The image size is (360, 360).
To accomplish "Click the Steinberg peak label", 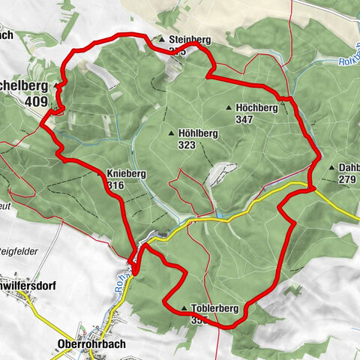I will point(190,39).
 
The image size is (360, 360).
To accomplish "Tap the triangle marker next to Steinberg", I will point(160,39).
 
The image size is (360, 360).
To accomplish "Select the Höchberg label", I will point(257,108).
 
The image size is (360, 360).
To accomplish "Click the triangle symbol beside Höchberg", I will point(229,108).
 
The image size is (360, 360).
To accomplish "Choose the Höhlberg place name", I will point(198,133).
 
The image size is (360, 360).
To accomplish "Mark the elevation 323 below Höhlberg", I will point(187,145).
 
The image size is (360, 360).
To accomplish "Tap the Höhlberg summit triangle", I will point(172,133).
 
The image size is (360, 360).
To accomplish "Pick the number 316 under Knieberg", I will point(115,185).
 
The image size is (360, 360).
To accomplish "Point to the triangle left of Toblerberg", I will point(184,308).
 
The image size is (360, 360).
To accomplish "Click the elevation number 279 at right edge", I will point(346,179).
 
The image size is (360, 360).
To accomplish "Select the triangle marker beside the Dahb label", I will point(331,168).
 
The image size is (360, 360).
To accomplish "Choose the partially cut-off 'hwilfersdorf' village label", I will point(31,286).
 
